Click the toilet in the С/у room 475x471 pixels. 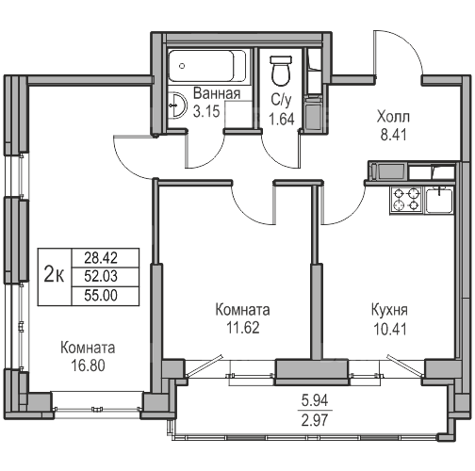[x=282, y=71]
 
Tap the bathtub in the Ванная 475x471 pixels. [x=206, y=66]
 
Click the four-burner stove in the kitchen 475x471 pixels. [x=406, y=200]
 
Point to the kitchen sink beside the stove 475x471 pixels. [x=439, y=201]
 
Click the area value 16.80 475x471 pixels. [x=89, y=365]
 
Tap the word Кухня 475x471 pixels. [x=389, y=311]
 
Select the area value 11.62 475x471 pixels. [x=243, y=328]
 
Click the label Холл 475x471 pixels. [x=393, y=117]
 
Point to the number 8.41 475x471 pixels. [x=394, y=135]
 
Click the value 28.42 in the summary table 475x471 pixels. [x=101, y=258]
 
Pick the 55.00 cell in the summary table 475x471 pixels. [x=101, y=296]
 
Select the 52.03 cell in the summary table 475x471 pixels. [x=101, y=276]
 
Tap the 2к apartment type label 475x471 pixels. [x=54, y=273]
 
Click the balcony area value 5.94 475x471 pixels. [x=315, y=400]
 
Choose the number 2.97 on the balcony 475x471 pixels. [x=315, y=420]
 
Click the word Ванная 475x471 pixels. [x=217, y=93]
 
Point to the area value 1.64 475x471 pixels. [x=282, y=120]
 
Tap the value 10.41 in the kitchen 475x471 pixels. [x=390, y=330]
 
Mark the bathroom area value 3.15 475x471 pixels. [x=206, y=111]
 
